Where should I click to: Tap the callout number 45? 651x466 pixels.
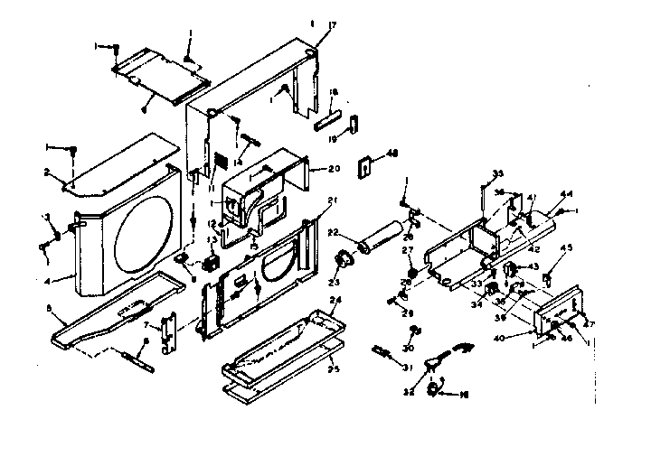tap(569, 250)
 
